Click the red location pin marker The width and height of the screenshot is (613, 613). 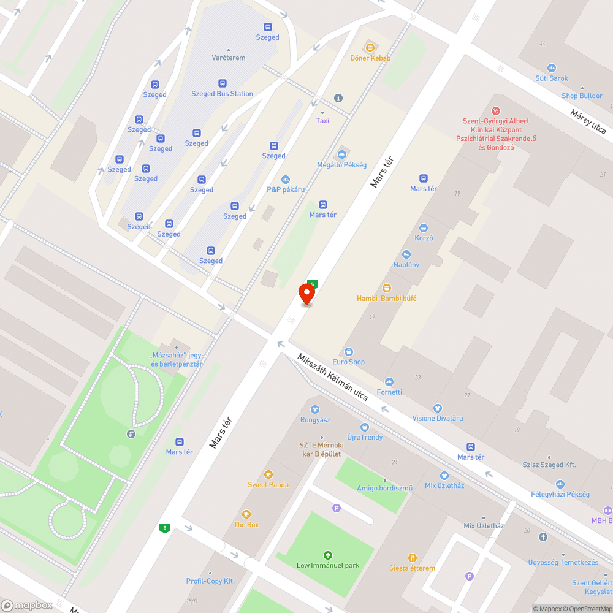[306, 294]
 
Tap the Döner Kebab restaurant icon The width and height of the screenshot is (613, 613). [370, 47]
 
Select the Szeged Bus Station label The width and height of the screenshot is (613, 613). [222, 94]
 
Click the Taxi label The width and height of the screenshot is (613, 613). [322, 121]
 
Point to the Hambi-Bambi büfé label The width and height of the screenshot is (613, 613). [387, 299]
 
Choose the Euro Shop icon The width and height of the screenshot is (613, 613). [349, 351]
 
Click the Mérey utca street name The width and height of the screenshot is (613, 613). [587, 121]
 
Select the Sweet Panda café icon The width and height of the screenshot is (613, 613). [268, 474]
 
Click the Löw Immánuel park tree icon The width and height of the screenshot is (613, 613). [327, 555]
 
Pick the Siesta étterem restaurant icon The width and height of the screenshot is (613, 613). [412, 557]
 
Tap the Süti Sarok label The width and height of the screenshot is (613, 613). [551, 78]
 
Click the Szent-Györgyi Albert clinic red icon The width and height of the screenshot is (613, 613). [497, 111]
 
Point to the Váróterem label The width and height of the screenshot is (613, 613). [229, 58]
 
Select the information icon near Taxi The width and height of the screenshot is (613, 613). [338, 98]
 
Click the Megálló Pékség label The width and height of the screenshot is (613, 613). [341, 165]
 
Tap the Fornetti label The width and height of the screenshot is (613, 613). [389, 392]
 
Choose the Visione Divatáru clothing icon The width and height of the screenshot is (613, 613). [437, 408]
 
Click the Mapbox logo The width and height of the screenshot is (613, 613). [27, 605]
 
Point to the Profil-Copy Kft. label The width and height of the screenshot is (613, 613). [210, 581]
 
